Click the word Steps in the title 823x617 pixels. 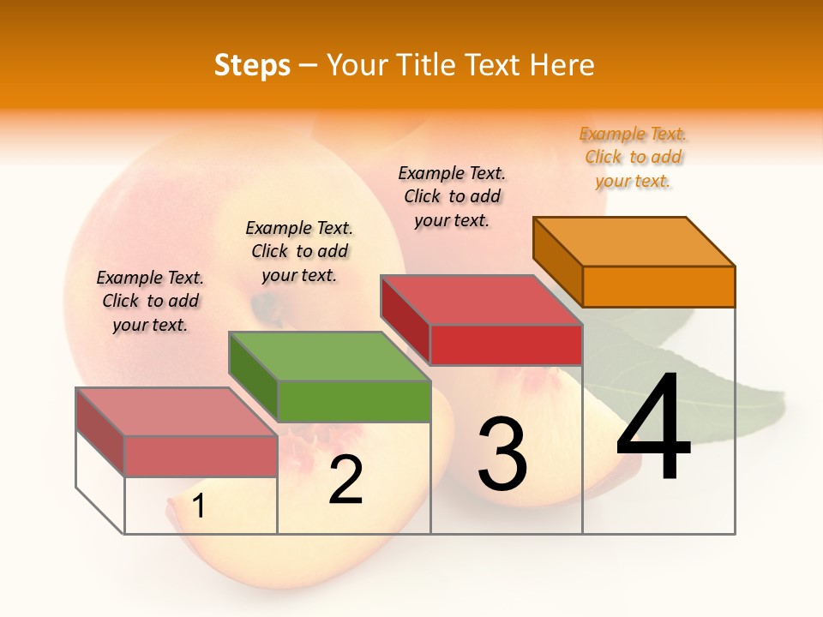point(252,65)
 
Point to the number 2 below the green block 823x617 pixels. point(345,481)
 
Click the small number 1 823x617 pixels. point(198,506)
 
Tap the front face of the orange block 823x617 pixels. point(658,286)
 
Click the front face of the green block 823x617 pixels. point(354,401)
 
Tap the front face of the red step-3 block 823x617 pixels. point(506,344)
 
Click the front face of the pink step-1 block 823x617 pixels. point(201,456)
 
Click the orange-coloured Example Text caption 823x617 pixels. point(633,158)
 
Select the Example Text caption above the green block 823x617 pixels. point(299,251)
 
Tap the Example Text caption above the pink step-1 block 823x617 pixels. point(150,301)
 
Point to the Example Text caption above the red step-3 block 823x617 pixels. point(452,196)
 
